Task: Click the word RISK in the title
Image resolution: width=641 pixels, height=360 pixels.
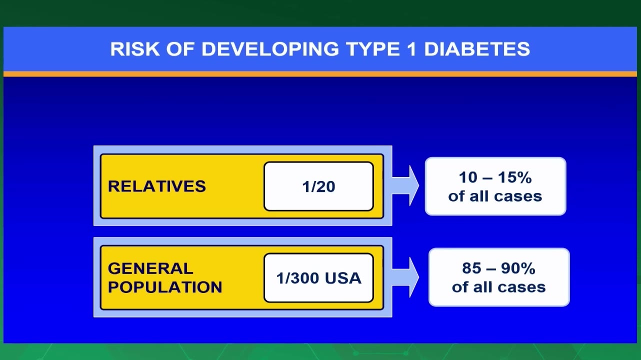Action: [135, 49]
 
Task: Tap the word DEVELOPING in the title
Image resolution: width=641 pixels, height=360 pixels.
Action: [270, 49]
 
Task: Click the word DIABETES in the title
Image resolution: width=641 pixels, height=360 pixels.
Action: [476, 49]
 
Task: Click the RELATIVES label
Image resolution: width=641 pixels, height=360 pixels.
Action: [157, 186]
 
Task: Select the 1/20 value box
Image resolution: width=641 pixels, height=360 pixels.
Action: [318, 186]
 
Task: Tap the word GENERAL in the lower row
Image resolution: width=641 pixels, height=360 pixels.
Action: [150, 268]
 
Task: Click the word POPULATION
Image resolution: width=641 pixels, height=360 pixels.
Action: [165, 287]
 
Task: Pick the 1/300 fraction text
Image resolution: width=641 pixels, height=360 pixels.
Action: [298, 278]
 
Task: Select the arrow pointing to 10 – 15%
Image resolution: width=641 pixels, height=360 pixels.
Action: [405, 185]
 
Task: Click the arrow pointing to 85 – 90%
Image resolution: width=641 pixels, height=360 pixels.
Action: [405, 277]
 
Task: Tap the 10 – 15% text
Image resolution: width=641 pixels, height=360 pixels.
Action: [495, 177]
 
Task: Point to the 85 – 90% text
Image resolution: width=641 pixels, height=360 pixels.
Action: [499, 268]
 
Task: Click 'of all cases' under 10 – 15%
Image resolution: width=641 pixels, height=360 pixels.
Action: [495, 196]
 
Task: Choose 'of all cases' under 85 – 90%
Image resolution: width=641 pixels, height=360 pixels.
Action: [499, 287]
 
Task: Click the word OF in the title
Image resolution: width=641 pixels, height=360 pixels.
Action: [180, 49]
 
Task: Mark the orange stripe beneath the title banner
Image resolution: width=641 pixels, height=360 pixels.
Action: [320, 74]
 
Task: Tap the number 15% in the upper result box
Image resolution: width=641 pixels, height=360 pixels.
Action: [515, 177]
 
